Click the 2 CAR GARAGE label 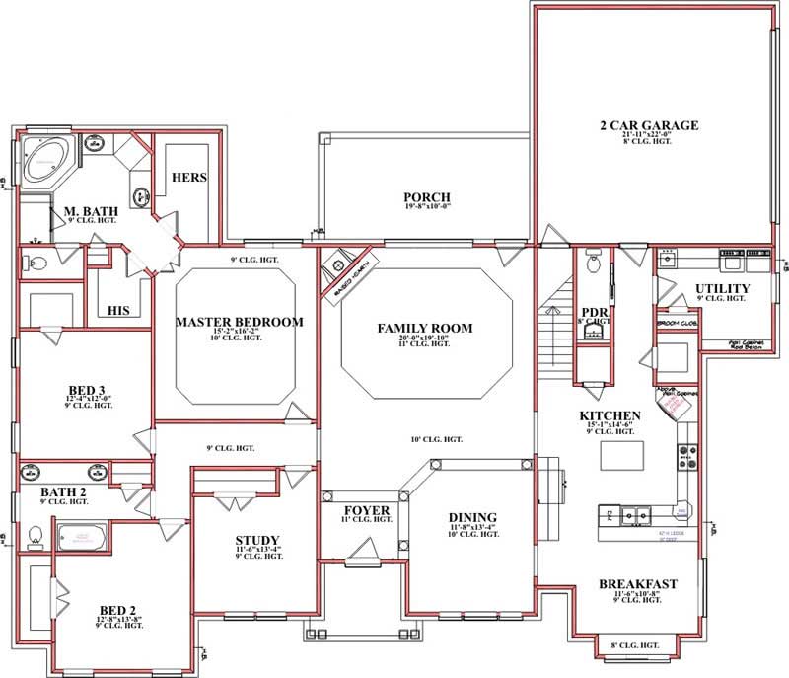[649, 125]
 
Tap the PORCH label [426, 196]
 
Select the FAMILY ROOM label [426, 328]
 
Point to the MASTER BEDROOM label [239, 322]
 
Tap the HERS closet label [187, 178]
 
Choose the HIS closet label [119, 310]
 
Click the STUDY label [256, 540]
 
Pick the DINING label [472, 517]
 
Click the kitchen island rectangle [621, 455]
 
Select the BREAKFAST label [638, 584]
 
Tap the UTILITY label [723, 288]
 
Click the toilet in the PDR [593, 264]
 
